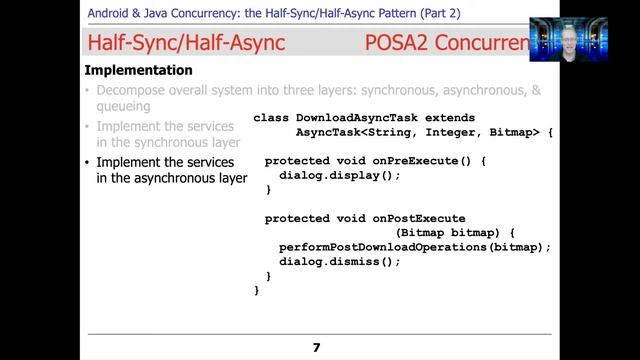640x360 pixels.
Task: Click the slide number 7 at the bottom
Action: coord(316,347)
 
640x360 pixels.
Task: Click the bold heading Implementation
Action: coord(138,71)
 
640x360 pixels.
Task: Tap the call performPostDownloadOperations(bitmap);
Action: coord(415,247)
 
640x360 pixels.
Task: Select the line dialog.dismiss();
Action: coord(339,261)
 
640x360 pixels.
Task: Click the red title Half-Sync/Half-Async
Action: coord(185,43)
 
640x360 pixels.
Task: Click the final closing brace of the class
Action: coord(257,290)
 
